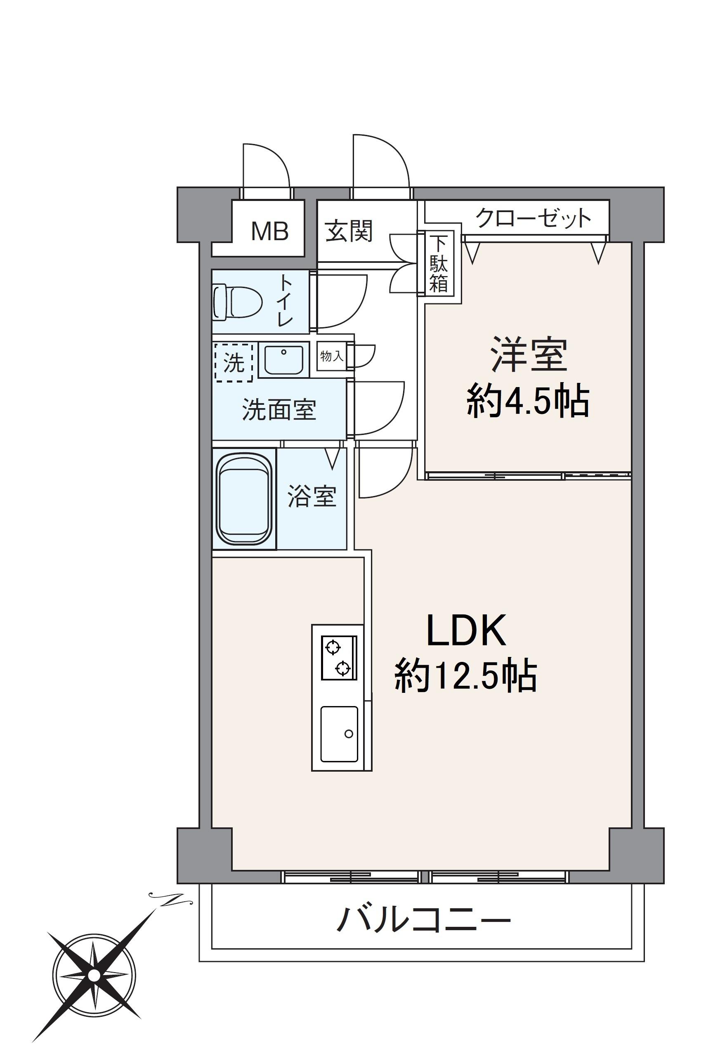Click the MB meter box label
(x=270, y=231)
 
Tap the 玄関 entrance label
(x=349, y=231)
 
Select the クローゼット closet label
(x=534, y=218)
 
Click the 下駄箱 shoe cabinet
(x=438, y=264)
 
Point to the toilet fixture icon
(x=238, y=301)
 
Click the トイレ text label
(x=285, y=300)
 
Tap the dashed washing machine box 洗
(x=234, y=362)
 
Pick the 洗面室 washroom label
(x=279, y=409)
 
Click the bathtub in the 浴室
(x=244, y=499)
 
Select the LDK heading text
(x=466, y=631)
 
